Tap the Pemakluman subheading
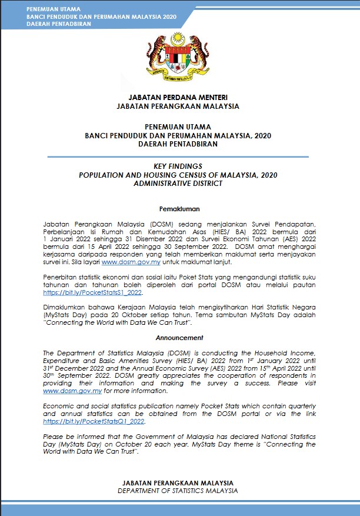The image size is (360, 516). click(179, 209)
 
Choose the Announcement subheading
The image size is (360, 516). click(179, 338)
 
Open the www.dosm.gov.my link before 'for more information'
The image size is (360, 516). click(73, 390)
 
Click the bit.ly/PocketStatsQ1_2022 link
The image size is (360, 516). click(94, 421)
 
